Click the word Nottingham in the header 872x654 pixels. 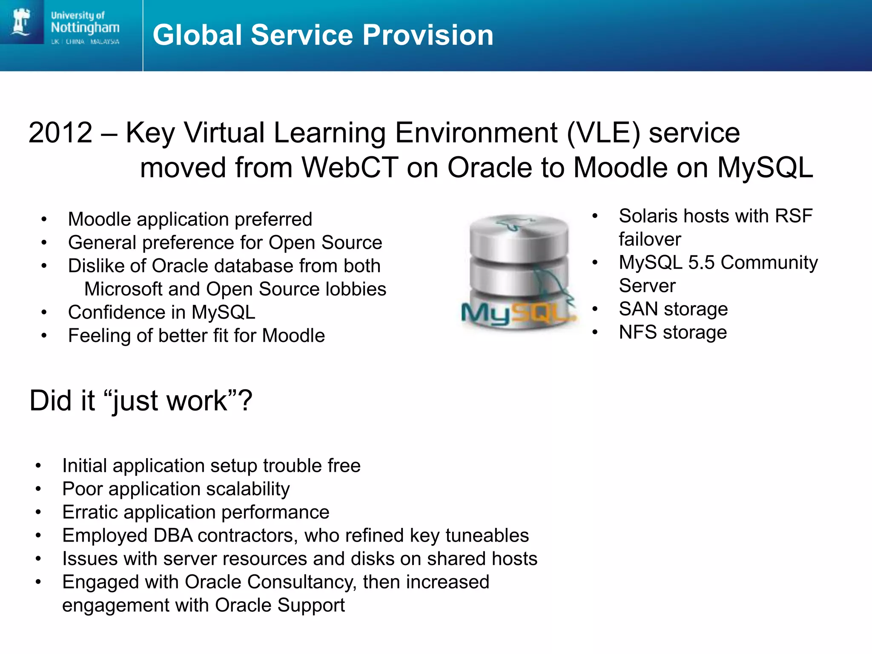tap(85, 28)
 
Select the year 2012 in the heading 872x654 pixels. tap(60, 133)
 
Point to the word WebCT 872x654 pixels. tap(350, 168)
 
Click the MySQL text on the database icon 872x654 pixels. tap(517, 314)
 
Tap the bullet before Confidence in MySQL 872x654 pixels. tap(44, 313)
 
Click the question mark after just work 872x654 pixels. tap(245, 401)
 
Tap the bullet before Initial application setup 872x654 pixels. tap(38, 466)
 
